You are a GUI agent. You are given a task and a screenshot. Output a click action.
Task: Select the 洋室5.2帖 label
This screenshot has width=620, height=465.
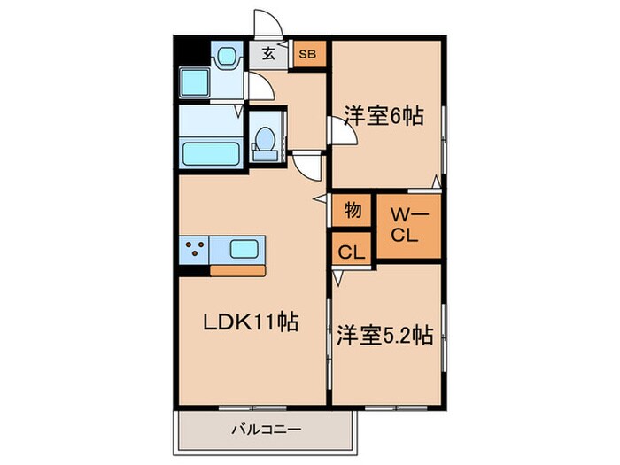pos(384,337)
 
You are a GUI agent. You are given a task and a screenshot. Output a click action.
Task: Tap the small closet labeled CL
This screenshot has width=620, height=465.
pos(352,252)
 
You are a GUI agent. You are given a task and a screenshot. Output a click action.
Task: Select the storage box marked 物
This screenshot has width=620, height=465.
pos(352,211)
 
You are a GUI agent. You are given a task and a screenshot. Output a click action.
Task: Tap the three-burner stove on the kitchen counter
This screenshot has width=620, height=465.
pos(195,249)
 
